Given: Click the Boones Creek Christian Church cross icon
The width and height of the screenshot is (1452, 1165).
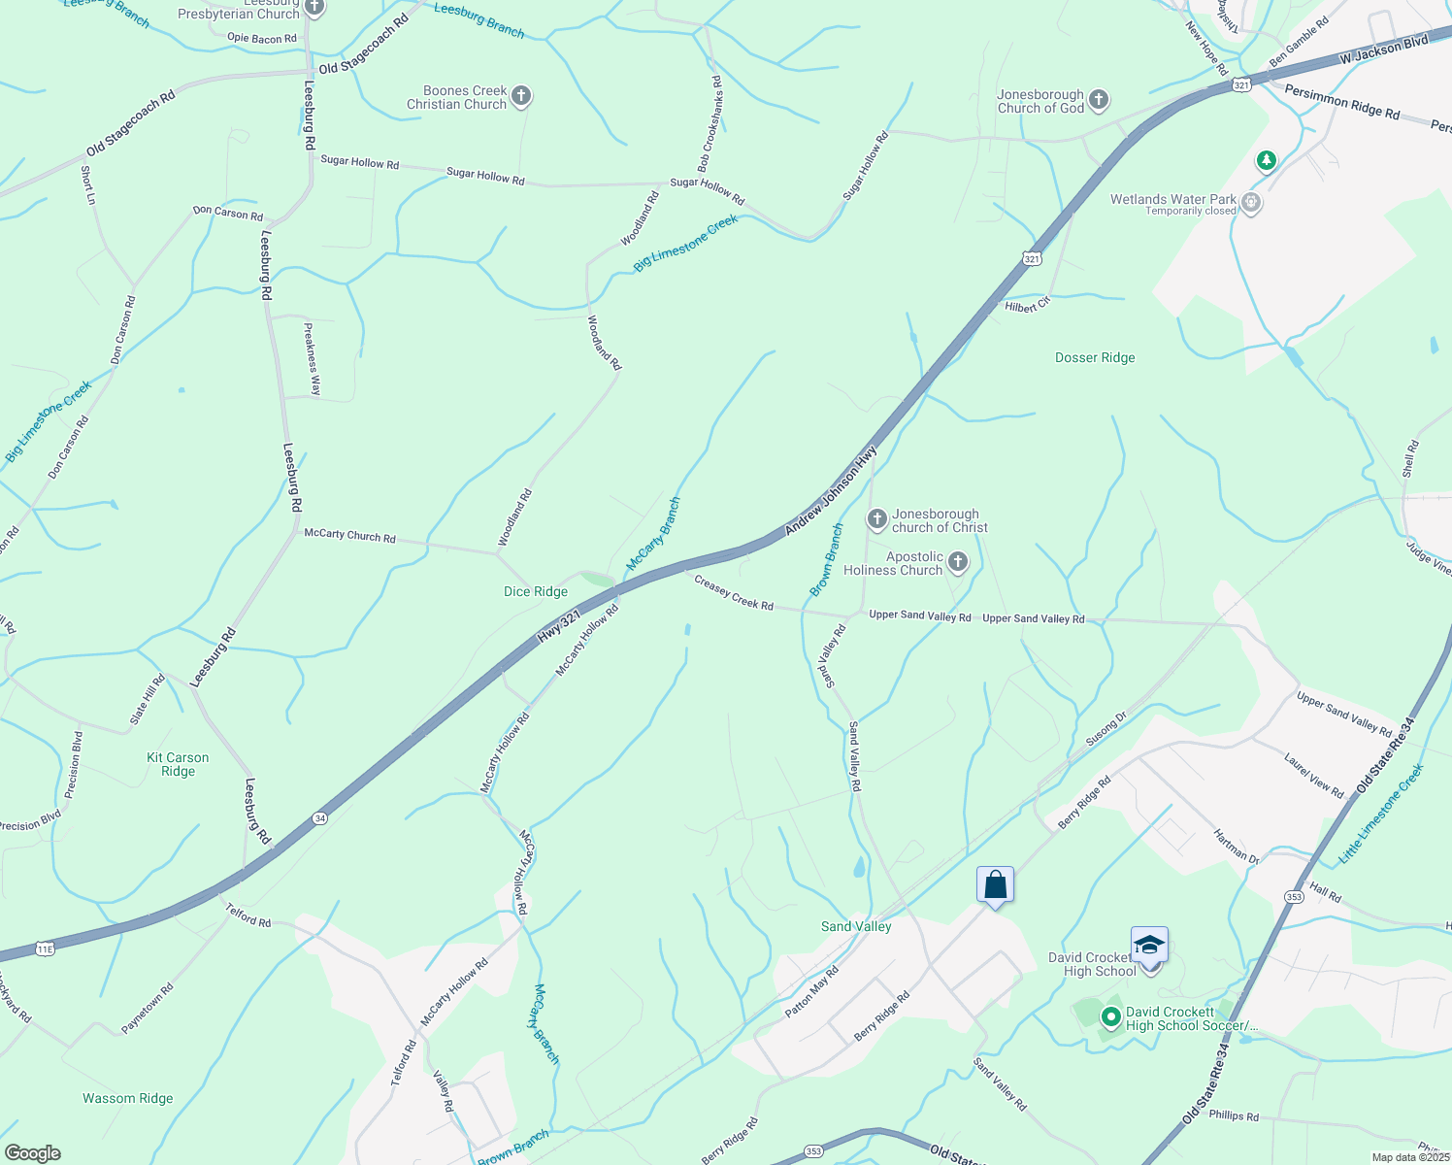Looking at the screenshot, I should click(521, 95).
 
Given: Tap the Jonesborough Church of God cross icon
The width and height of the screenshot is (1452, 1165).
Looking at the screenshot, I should click(1098, 99).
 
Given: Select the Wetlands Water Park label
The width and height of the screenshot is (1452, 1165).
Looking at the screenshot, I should click(1173, 199).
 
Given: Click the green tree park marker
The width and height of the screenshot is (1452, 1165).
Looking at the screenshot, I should click(1266, 160).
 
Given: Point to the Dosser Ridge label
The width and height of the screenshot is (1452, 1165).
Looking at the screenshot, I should click(1095, 357).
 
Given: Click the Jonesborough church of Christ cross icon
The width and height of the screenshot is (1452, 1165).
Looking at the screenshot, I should click(876, 519).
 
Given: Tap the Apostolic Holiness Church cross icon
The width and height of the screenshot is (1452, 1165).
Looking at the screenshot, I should click(957, 562).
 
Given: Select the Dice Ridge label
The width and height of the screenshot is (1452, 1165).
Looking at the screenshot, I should click(536, 591).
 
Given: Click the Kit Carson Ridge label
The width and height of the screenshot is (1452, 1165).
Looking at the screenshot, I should click(178, 764).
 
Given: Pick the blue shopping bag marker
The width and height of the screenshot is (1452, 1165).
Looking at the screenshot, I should click(995, 885).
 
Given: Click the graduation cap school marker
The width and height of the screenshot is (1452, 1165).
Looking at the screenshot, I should click(1149, 945).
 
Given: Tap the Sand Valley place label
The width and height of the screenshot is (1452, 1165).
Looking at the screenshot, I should click(856, 926).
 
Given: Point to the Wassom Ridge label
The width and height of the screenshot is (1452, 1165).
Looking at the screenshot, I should click(128, 1098).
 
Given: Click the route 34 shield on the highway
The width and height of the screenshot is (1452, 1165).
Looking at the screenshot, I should click(320, 818).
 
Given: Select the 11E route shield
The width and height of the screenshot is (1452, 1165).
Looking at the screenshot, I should click(45, 949).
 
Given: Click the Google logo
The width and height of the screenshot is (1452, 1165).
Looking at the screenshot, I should click(32, 1153).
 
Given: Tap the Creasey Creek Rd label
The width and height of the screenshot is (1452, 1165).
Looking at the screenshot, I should click(734, 591).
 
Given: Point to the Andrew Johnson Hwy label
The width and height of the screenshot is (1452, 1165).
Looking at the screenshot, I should click(831, 489).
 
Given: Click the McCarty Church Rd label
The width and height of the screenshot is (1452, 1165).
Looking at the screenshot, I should click(349, 535).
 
